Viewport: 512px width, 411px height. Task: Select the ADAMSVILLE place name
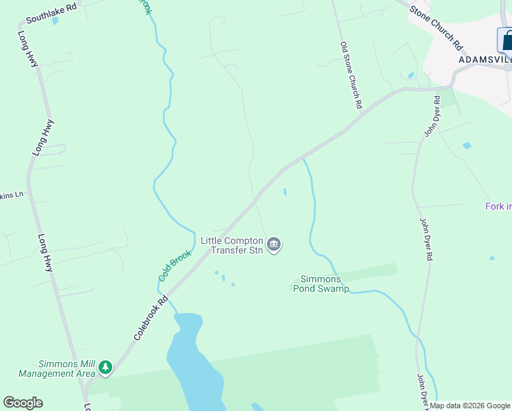pyautogui.click(x=485, y=60)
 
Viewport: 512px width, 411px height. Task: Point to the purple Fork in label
pyautogui.click(x=498, y=206)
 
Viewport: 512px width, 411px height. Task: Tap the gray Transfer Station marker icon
pyautogui.click(x=274, y=245)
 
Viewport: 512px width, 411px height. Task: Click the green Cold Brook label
pyautogui.click(x=175, y=266)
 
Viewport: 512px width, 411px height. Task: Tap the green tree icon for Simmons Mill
pyautogui.click(x=105, y=368)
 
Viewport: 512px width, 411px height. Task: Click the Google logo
pyautogui.click(x=23, y=403)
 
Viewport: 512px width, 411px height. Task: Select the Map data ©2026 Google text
pyautogui.click(x=470, y=406)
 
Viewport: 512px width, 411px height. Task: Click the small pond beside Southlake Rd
pyautogui.click(x=55, y=21)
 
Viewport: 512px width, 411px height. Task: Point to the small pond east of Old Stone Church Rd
pyautogui.click(x=411, y=75)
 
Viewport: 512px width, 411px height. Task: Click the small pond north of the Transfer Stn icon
pyautogui.click(x=285, y=192)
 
